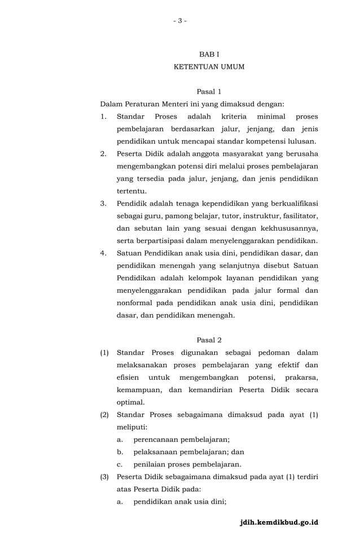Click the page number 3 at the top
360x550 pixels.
pos(179,21)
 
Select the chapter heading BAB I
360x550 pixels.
pos(209,54)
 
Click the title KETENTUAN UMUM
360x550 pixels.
pos(209,67)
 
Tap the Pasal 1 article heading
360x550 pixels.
pos(209,91)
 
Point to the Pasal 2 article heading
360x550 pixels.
pos(209,340)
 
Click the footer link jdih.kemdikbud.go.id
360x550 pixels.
pos(279,522)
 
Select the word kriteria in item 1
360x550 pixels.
pos(230,116)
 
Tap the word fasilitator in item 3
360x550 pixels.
pos(297,215)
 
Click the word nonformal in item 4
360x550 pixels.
pos(134,303)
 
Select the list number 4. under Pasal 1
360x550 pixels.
pos(103,253)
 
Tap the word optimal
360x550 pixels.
pos(130,402)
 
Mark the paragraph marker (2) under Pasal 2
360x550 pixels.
pos(104,415)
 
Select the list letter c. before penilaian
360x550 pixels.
pos(120,464)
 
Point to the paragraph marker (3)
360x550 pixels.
pos(104,477)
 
